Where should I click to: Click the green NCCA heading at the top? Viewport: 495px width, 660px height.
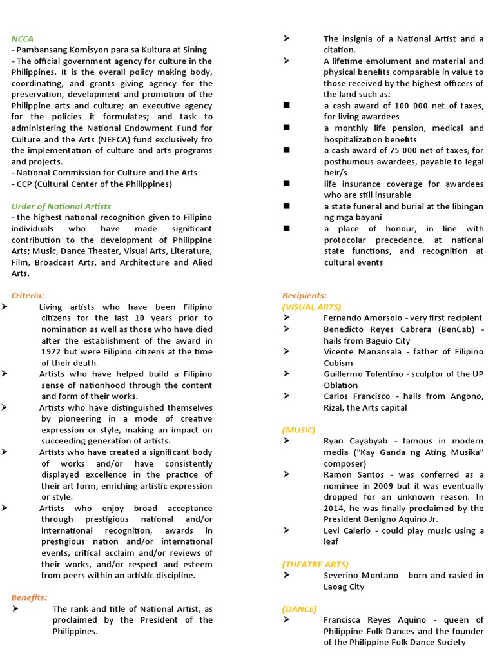[22, 39]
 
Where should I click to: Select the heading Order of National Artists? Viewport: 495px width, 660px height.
[61, 206]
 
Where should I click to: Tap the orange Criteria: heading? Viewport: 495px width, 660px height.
[28, 295]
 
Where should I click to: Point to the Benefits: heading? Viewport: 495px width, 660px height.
[29, 597]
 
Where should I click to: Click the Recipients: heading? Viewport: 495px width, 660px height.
[304, 295]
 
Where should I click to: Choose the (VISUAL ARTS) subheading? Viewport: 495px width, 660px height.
[312, 307]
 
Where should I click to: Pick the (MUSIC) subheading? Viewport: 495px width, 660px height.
[298, 429]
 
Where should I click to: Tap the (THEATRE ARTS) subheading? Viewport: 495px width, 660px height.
[315, 564]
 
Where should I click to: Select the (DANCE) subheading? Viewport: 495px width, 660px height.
[299, 608]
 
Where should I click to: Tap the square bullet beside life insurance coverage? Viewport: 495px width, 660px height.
[286, 184]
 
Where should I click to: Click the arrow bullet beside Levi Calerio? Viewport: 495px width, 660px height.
[286, 530]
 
